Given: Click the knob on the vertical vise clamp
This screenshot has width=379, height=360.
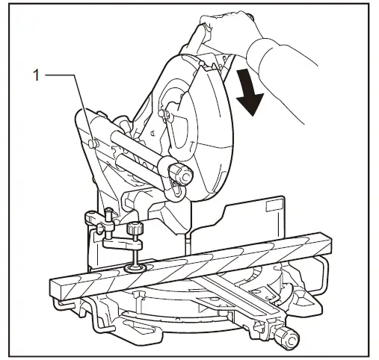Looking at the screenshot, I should [x=135, y=228].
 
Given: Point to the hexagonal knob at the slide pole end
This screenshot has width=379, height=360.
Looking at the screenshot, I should [x=179, y=173].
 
